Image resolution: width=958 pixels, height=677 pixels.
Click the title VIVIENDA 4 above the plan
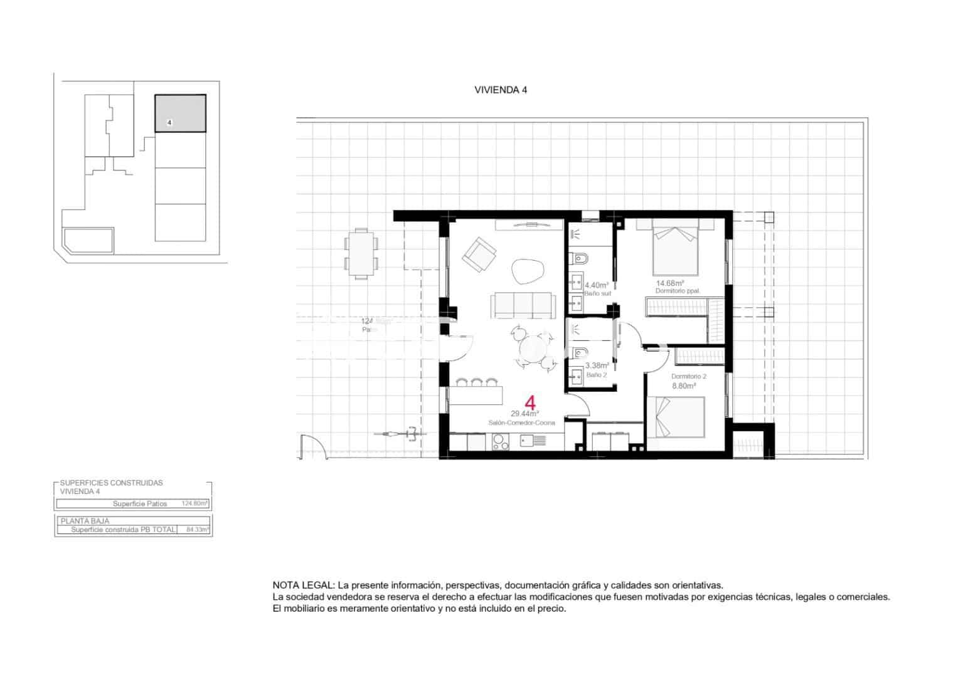(x=500, y=90)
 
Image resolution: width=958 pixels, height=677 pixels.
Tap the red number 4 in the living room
(x=530, y=402)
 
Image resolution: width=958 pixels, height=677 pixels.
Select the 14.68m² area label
(x=669, y=283)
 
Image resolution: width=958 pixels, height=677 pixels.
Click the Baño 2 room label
(x=596, y=375)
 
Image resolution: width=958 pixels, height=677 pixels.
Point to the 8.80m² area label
(x=684, y=386)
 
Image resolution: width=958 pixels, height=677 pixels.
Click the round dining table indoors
(x=533, y=347)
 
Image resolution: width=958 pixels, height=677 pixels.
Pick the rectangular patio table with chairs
(x=361, y=253)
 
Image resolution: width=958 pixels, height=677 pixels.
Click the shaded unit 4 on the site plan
(x=180, y=113)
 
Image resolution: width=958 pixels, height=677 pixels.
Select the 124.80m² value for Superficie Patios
(x=194, y=503)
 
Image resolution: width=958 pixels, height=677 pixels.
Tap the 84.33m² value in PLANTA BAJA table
(x=197, y=530)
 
